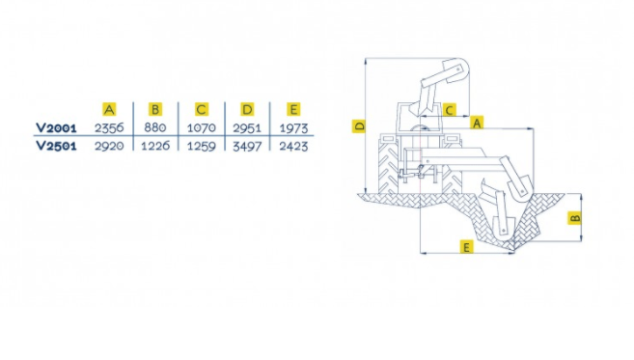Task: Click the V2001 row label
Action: pyautogui.click(x=56, y=128)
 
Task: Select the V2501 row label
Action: pyautogui.click(x=56, y=146)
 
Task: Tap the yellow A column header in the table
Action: pyautogui.click(x=109, y=109)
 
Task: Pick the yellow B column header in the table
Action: pyautogui.click(x=155, y=109)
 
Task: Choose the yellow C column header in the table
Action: pyautogui.click(x=202, y=109)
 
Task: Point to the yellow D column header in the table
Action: pyautogui.click(x=247, y=109)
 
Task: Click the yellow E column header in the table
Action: pyautogui.click(x=293, y=109)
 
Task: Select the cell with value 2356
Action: pyautogui.click(x=109, y=128)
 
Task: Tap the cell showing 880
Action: pyautogui.click(x=155, y=127)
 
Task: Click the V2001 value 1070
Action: pyautogui.click(x=202, y=128)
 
